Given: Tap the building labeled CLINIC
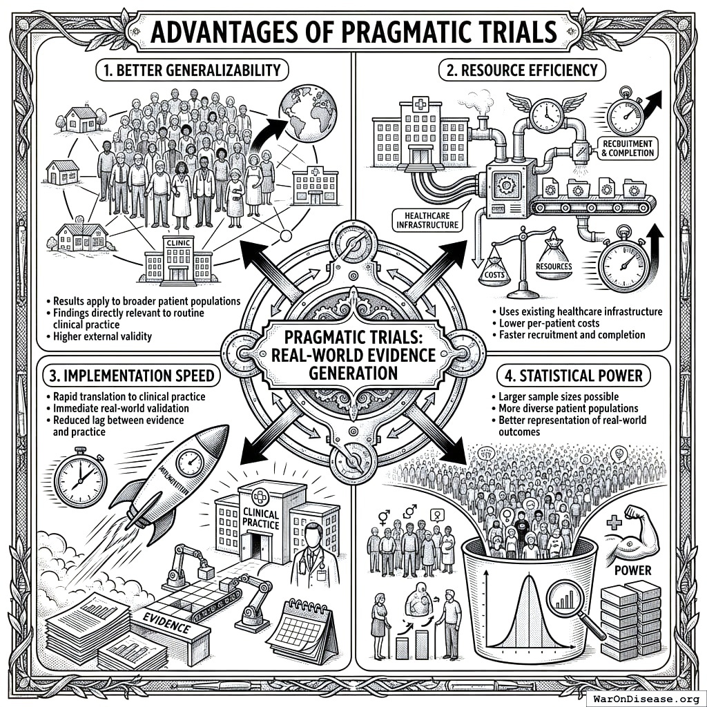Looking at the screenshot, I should click(177, 259).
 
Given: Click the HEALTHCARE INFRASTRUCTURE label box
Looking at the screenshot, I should click(426, 220).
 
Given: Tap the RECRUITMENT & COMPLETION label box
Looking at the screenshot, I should click(627, 148).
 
